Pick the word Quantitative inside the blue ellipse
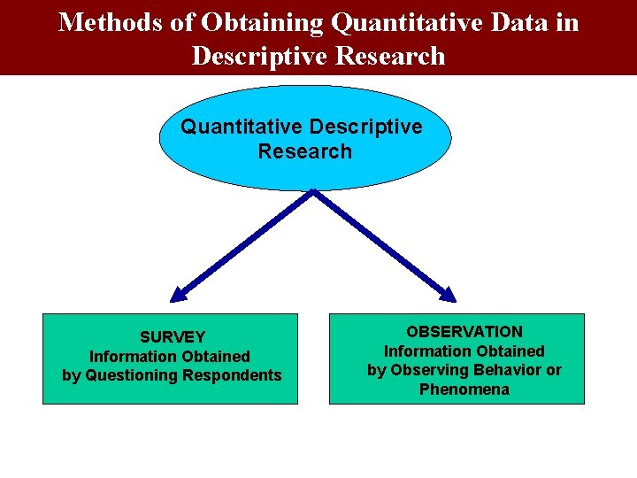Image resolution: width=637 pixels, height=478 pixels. (242, 127)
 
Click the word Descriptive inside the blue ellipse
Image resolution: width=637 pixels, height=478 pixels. (365, 127)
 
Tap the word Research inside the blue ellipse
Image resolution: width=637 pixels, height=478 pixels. (304, 151)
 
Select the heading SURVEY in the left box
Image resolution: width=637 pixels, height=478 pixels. (172, 337)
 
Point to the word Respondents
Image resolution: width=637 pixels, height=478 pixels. (232, 375)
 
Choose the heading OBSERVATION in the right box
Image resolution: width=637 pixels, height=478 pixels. (464, 332)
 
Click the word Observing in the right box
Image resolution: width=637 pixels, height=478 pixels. (423, 370)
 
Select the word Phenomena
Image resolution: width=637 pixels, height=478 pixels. (464, 389)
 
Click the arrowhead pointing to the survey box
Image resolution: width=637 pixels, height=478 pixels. (178, 294)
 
